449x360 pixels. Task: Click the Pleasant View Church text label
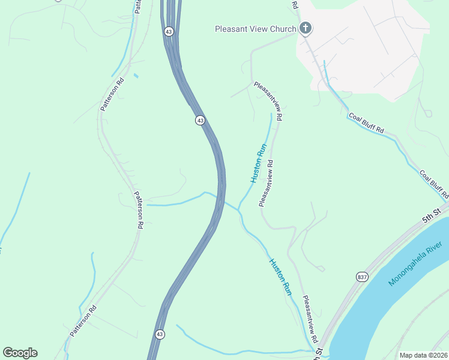pos(256,29)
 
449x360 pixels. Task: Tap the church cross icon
pos(306,28)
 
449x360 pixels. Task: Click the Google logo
pos(20,353)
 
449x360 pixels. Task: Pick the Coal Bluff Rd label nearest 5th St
pos(434,185)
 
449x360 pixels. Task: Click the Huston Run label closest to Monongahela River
pos(280,277)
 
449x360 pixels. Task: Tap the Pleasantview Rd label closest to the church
pos(268,101)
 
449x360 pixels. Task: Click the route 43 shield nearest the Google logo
pos(159,334)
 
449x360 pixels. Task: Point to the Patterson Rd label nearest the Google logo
pos(82,323)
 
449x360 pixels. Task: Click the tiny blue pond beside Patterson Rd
pos(136,76)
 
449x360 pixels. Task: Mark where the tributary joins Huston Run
pos(238,209)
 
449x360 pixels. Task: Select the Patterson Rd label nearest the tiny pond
pos(112,95)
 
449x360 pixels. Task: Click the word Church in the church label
pos(283,29)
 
